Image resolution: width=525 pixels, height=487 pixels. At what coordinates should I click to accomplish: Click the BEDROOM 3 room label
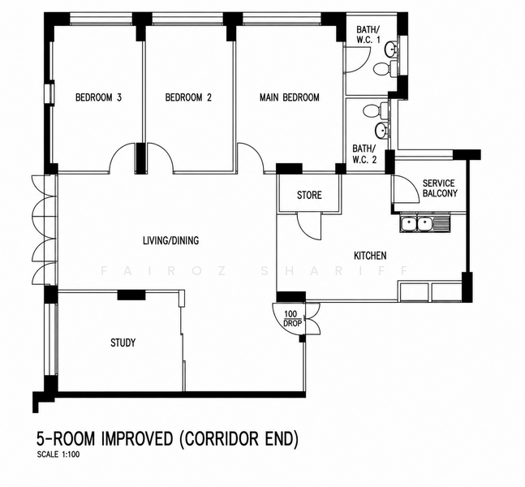[x=98, y=97]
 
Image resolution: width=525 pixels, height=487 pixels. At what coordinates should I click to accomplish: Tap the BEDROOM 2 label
[x=188, y=97]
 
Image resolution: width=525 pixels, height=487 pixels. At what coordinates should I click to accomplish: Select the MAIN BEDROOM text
[x=290, y=97]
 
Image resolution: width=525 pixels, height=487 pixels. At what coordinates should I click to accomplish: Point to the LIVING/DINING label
[x=170, y=240]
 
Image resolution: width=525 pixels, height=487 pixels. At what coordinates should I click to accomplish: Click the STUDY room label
[x=123, y=343]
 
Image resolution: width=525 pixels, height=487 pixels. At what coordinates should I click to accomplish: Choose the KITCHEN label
[x=370, y=256]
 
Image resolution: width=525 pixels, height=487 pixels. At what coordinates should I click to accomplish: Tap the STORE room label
[x=309, y=195]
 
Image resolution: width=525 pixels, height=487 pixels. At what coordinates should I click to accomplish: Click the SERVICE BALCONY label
[x=440, y=188]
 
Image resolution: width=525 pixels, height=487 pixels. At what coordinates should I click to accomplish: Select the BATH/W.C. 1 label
[x=368, y=35]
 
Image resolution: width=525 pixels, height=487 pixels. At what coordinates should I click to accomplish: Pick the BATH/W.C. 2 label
[x=364, y=153]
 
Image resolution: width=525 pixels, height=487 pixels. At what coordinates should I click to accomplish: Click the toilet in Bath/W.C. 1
[x=384, y=69]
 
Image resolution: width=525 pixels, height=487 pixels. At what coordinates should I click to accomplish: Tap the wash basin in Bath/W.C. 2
[x=381, y=131]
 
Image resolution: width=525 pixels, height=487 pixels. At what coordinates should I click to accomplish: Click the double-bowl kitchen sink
[x=424, y=224]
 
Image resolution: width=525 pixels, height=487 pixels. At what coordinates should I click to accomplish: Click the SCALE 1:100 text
[x=58, y=455]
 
